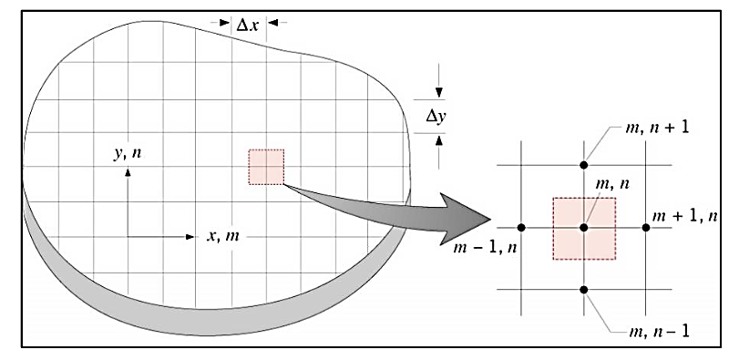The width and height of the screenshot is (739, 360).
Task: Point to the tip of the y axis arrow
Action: (x=128, y=170)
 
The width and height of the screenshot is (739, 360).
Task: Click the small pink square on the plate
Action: (x=266, y=167)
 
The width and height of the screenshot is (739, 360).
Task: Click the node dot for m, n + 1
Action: (x=583, y=164)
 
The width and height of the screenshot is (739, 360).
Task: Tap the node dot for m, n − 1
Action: (x=583, y=290)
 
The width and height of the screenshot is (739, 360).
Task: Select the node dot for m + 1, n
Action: (x=646, y=227)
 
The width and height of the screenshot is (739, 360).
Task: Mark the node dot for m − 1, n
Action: (x=520, y=227)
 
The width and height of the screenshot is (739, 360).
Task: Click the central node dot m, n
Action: (x=583, y=227)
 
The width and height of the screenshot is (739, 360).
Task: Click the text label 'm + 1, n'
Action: (x=685, y=215)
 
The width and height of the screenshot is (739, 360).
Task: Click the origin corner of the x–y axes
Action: (x=128, y=237)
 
